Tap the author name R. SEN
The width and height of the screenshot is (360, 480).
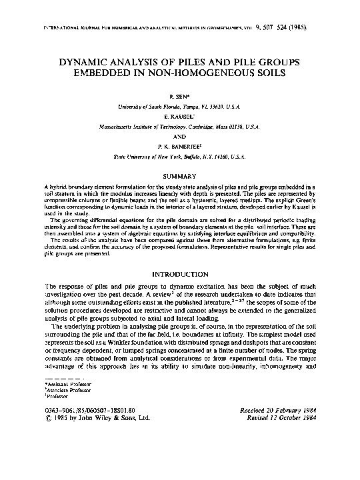point(179,97)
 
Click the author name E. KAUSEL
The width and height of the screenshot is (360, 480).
point(179,115)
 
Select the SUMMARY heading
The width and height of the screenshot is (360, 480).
point(179,176)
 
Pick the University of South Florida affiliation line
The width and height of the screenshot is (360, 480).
point(179,105)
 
